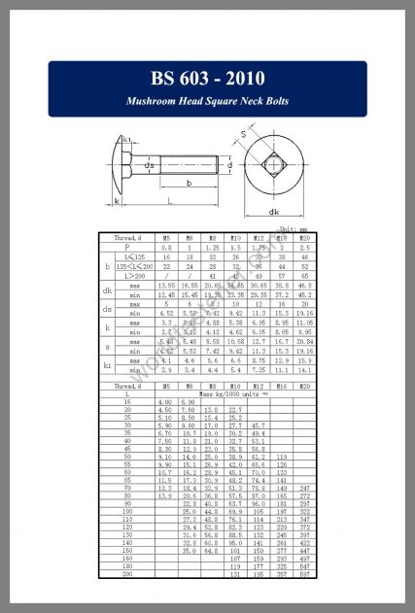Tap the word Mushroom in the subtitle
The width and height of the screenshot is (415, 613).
pyautogui.click(x=156, y=101)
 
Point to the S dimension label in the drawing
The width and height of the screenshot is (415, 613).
pyautogui.click(x=243, y=134)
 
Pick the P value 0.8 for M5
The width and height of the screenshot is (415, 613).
pyautogui.click(x=166, y=247)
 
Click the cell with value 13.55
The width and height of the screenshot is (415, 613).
pyautogui.click(x=166, y=286)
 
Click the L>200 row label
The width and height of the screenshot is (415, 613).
pyautogui.click(x=129, y=275)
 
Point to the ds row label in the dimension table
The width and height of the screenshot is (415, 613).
pyautogui.click(x=107, y=310)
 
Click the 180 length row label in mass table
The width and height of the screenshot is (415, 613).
pyautogui.click(x=126, y=566)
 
